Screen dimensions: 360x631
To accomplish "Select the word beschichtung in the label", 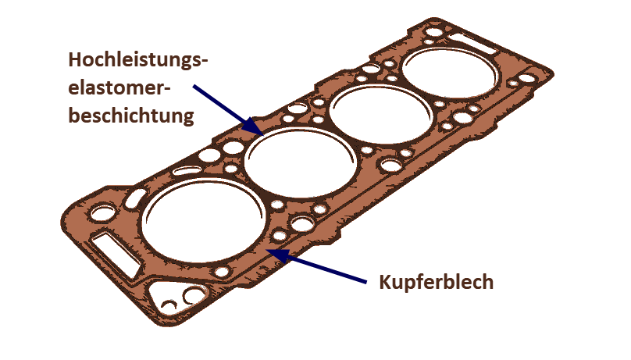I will tap(132, 117).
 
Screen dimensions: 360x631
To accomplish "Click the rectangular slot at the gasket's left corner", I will tap(115, 251).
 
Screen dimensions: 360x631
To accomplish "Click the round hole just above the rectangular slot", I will tap(102, 212).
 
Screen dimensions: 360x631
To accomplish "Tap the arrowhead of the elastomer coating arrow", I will tap(258, 130).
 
